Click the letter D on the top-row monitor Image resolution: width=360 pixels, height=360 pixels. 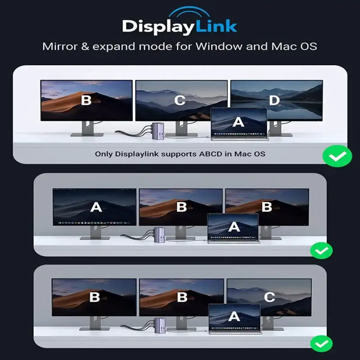pos(274,100)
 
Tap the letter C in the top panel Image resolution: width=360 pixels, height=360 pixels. pos(180,100)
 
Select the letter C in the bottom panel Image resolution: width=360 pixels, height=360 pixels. pos(269,297)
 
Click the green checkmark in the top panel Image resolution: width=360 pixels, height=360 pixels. pos(337,157)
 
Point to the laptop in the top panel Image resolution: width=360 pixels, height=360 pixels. pos(239,123)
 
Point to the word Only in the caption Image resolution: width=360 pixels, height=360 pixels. pos(104,154)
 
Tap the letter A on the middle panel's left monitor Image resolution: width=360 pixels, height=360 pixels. pos(96,207)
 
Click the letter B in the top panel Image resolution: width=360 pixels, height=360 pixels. pos(86,100)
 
